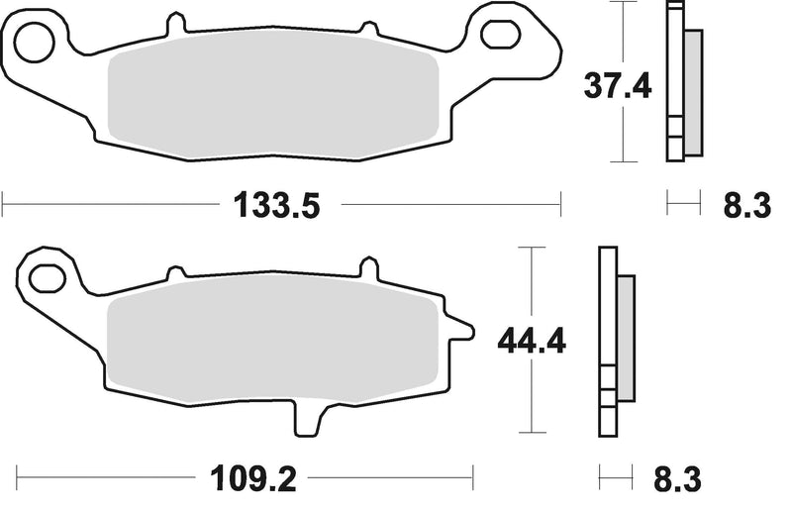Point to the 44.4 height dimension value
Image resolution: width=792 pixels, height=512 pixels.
pos(531,343)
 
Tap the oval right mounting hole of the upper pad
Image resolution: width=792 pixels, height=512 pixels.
pos(500,33)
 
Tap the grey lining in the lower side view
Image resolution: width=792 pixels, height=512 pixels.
pos(626,337)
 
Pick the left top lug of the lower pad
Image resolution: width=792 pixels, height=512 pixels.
pos(175,270)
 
